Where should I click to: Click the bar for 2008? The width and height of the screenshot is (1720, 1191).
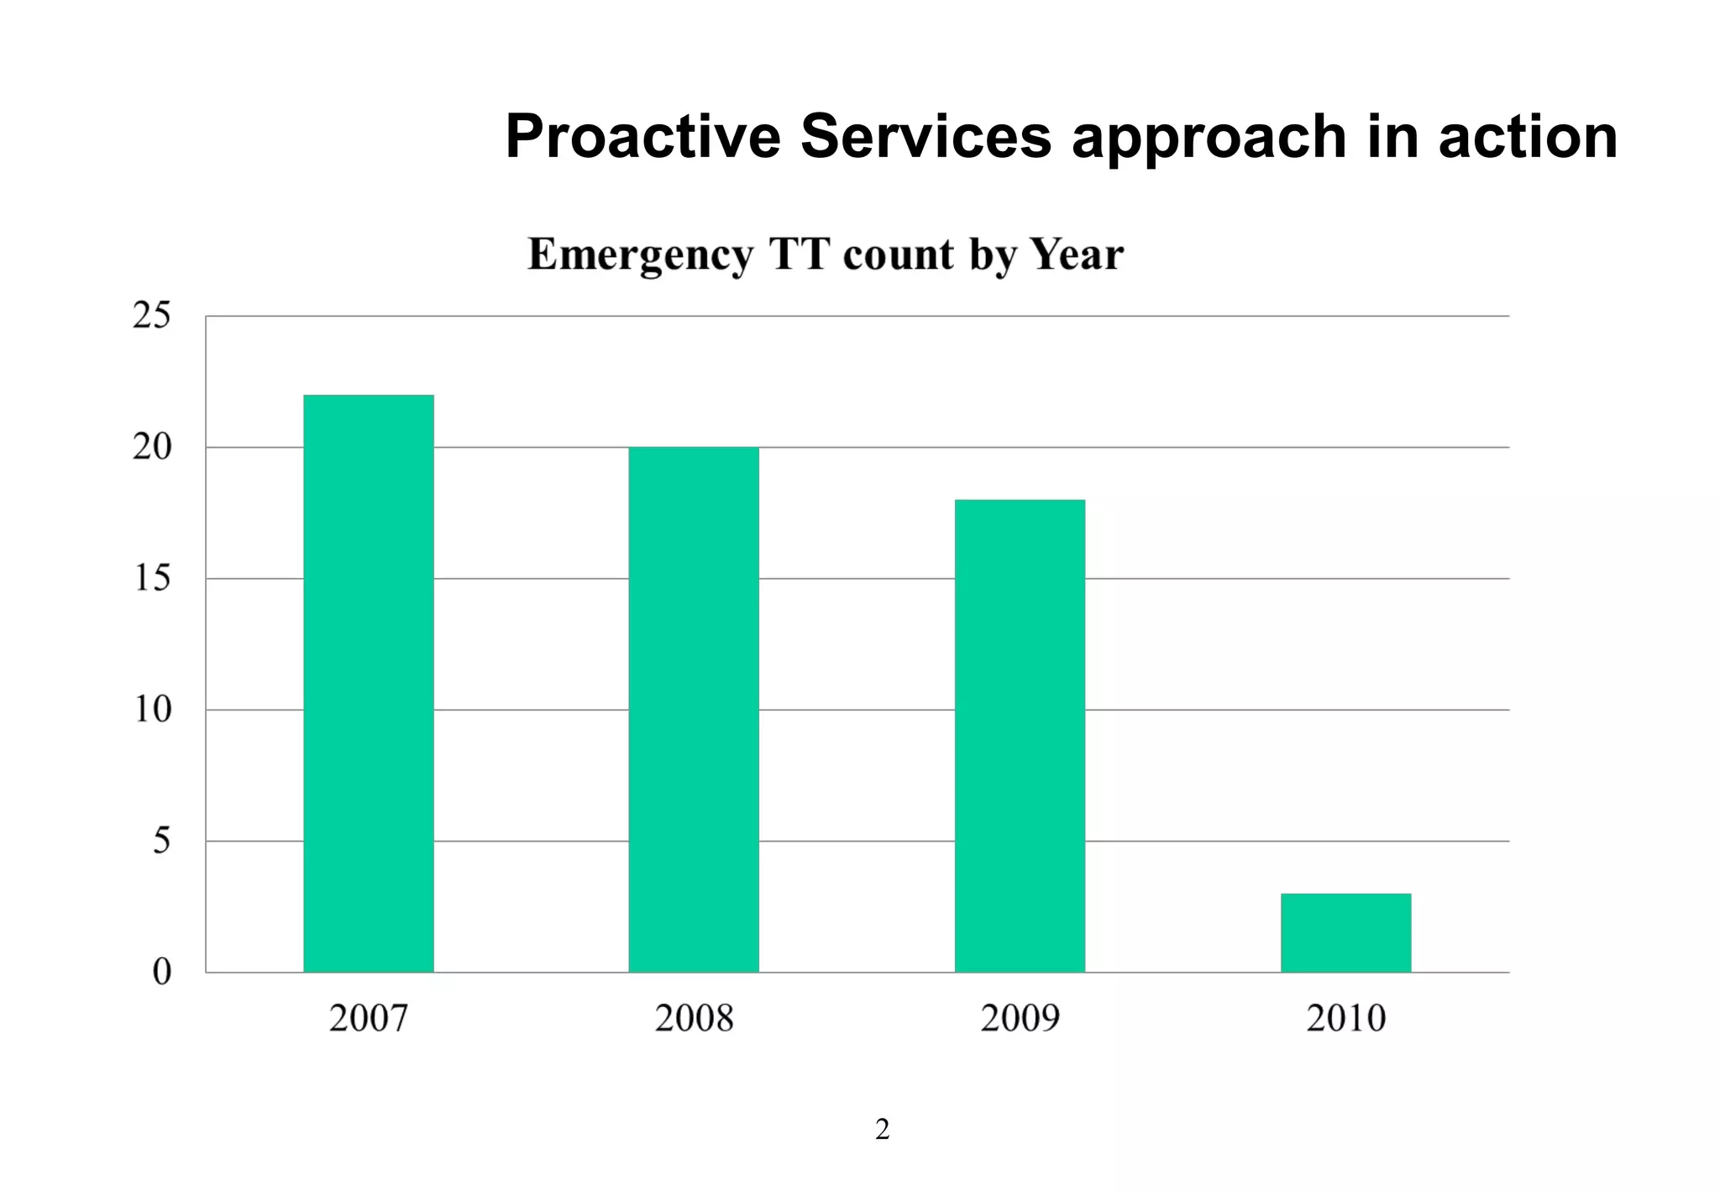pyautogui.click(x=694, y=710)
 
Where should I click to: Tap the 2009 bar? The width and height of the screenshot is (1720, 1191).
pyautogui.click(x=1020, y=736)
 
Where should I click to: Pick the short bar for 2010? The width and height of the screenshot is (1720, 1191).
pyautogui.click(x=1345, y=932)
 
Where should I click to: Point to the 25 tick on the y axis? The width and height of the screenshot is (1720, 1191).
pyautogui.click(x=152, y=316)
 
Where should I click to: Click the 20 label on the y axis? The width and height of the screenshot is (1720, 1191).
pyautogui.click(x=152, y=447)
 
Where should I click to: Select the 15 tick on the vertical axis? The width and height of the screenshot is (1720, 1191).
pyautogui.click(x=152, y=578)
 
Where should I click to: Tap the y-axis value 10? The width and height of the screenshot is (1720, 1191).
pyautogui.click(x=152, y=710)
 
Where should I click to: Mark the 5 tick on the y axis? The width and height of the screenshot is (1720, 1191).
pyautogui.click(x=161, y=841)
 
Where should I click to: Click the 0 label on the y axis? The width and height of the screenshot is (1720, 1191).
pyautogui.click(x=161, y=972)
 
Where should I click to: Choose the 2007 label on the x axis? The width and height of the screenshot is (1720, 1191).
pyautogui.click(x=369, y=1018)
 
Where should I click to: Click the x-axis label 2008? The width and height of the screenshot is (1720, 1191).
pyautogui.click(x=694, y=1018)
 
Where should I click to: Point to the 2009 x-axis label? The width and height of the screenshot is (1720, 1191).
pyautogui.click(x=1020, y=1018)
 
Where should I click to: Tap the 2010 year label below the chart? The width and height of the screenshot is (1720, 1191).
pyautogui.click(x=1345, y=1018)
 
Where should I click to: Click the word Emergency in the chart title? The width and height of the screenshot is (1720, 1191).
pyautogui.click(x=640, y=255)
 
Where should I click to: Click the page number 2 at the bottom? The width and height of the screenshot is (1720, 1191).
pyautogui.click(x=882, y=1130)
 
